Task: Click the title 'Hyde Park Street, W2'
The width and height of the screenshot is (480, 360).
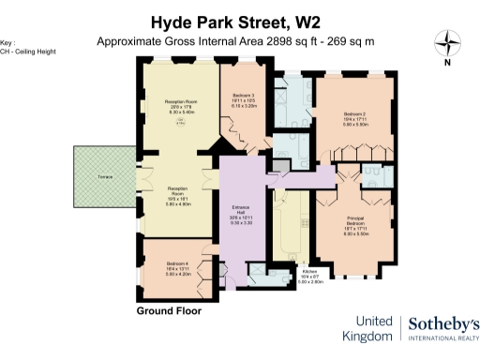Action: click(x=239, y=21)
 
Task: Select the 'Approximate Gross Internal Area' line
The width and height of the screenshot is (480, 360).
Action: click(x=240, y=42)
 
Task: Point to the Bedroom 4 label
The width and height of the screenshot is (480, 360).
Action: click(x=178, y=263)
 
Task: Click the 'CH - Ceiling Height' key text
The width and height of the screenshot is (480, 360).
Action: click(x=25, y=52)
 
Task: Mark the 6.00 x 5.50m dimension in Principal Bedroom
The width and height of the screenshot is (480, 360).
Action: click(x=351, y=234)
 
